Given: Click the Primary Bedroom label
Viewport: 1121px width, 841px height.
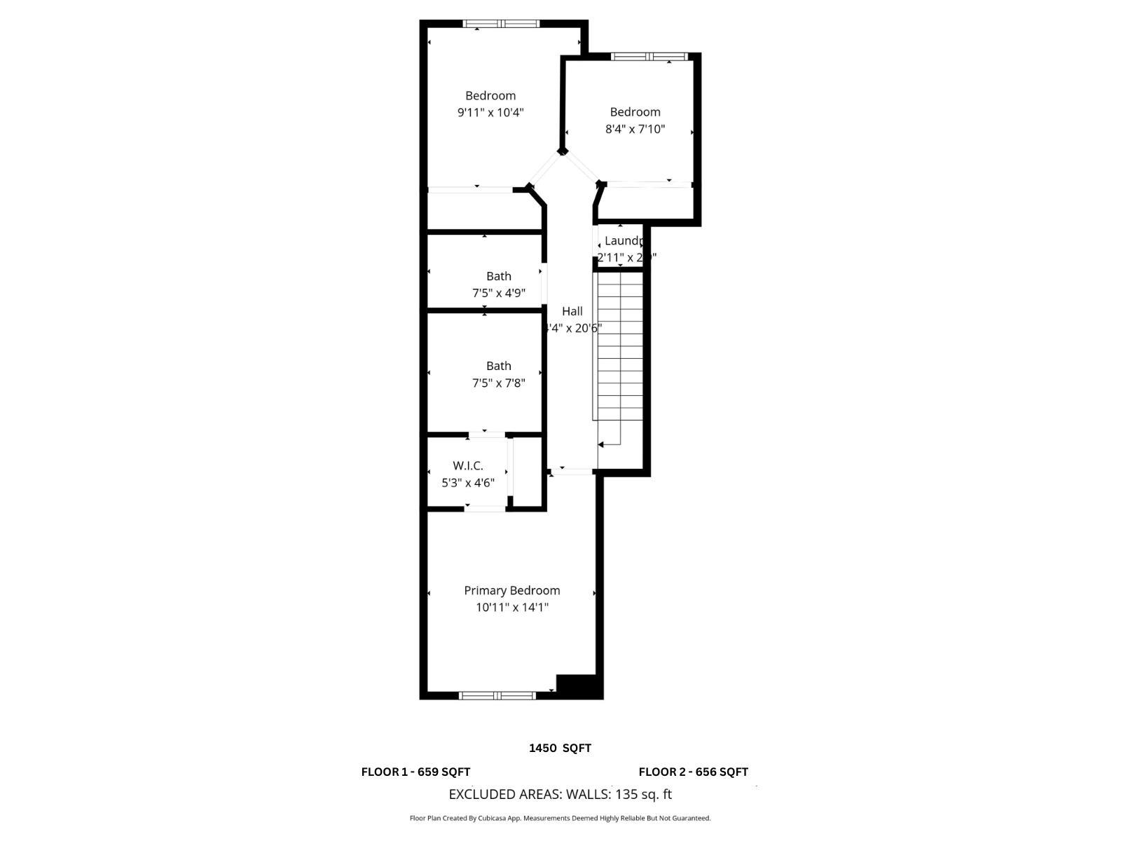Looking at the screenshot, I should point(511,591).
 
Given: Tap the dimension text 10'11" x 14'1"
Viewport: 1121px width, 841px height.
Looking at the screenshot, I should point(511,608).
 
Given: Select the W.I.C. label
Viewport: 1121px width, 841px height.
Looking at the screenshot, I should point(467,466).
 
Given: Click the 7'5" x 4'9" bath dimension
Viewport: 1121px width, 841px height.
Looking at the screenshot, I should point(498,293).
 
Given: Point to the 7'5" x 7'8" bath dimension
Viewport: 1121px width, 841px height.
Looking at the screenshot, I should point(498,383).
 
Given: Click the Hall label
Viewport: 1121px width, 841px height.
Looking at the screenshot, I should point(572,311).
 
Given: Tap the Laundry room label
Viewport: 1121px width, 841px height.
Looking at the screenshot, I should point(623,241).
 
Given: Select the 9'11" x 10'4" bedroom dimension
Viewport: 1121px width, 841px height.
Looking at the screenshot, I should point(490,112).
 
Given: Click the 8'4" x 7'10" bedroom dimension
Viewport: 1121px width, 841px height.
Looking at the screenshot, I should point(635,129).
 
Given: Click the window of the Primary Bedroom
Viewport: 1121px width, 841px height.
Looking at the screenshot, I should point(497,695).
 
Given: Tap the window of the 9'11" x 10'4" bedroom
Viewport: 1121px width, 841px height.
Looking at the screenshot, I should point(501,24).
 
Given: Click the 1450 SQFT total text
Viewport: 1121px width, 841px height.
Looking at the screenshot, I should point(560,748).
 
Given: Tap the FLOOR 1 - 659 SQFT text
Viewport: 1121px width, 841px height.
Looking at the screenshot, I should point(415,772).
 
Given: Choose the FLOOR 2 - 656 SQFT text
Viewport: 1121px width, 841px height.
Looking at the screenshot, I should point(693,772).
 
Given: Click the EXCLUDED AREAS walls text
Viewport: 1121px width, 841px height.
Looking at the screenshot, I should point(560,795).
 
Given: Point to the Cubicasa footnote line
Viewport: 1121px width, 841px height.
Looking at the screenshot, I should point(560,819).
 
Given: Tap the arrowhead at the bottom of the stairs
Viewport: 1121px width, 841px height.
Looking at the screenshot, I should point(601,444).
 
